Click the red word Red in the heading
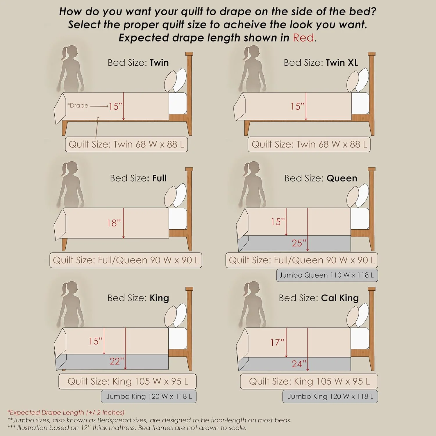(x=303, y=38)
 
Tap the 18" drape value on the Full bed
(x=114, y=223)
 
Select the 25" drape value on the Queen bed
(x=299, y=243)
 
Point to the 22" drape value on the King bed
(x=117, y=361)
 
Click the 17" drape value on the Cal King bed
(x=277, y=342)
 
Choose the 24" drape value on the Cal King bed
(x=299, y=364)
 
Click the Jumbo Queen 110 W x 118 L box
(x=327, y=275)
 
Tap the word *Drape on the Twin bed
(x=78, y=106)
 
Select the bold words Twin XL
(x=342, y=63)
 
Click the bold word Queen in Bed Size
(x=342, y=178)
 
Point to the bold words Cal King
(x=340, y=298)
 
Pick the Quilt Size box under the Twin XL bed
(x=309, y=144)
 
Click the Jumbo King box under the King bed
(x=149, y=396)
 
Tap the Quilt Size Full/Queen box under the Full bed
(x=126, y=260)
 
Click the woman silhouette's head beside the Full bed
(x=71, y=169)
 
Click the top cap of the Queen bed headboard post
(x=371, y=169)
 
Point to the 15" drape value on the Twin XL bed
(x=297, y=106)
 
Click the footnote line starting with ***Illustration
(x=127, y=428)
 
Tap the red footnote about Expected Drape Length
(x=66, y=412)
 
